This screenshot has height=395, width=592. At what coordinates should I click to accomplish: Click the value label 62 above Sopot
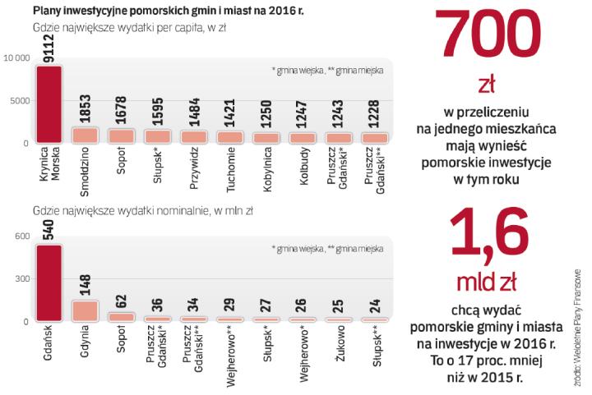(122, 301)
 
